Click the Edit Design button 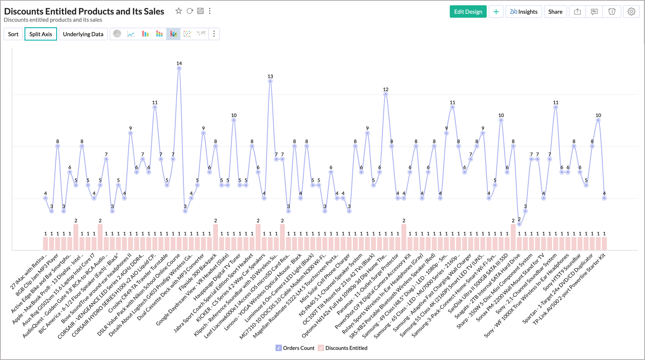pos(468,12)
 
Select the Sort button pos(13,34)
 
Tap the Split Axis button pos(41,34)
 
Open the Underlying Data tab pos(83,34)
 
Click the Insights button pos(524,12)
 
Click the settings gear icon pos(631,12)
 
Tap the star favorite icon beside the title pos(179,11)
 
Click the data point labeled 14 pos(179,68)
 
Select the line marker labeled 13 pos(270,81)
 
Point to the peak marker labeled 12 pos(386,94)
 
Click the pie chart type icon pos(117,34)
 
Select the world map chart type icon pos(201,34)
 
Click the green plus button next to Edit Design pos(496,12)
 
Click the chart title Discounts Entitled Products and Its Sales pos(84,11)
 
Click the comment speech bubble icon pos(594,12)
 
